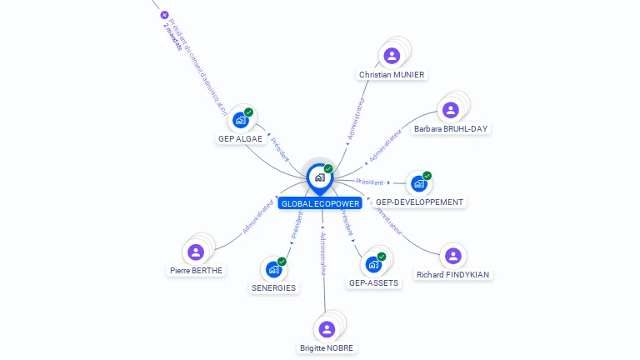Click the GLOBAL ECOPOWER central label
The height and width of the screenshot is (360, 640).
click(x=321, y=203)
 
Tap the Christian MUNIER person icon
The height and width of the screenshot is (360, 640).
click(x=392, y=56)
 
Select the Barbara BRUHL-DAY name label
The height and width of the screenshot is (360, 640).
click(x=451, y=129)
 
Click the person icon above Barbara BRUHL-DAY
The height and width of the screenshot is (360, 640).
click(x=451, y=110)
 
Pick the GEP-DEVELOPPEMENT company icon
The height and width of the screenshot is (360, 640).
click(x=418, y=183)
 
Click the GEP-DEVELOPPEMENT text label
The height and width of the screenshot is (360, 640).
click(x=419, y=202)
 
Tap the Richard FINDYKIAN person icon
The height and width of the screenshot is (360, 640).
click(x=452, y=256)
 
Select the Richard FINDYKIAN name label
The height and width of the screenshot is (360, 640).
click(x=453, y=275)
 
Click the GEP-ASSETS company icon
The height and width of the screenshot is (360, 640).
click(x=373, y=264)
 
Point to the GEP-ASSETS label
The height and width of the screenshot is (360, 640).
click(x=373, y=283)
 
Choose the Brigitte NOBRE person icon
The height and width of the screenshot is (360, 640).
click(x=327, y=329)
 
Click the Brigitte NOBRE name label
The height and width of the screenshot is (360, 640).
click(x=327, y=348)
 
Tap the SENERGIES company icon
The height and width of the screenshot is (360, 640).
click(x=273, y=269)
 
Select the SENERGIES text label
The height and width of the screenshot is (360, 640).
click(x=273, y=288)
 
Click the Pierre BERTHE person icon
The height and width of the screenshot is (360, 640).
click(x=196, y=252)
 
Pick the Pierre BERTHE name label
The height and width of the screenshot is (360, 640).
click(x=197, y=271)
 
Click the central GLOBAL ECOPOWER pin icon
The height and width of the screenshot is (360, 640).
click(x=320, y=177)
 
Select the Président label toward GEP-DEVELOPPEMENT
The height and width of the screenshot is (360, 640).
click(x=369, y=182)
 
